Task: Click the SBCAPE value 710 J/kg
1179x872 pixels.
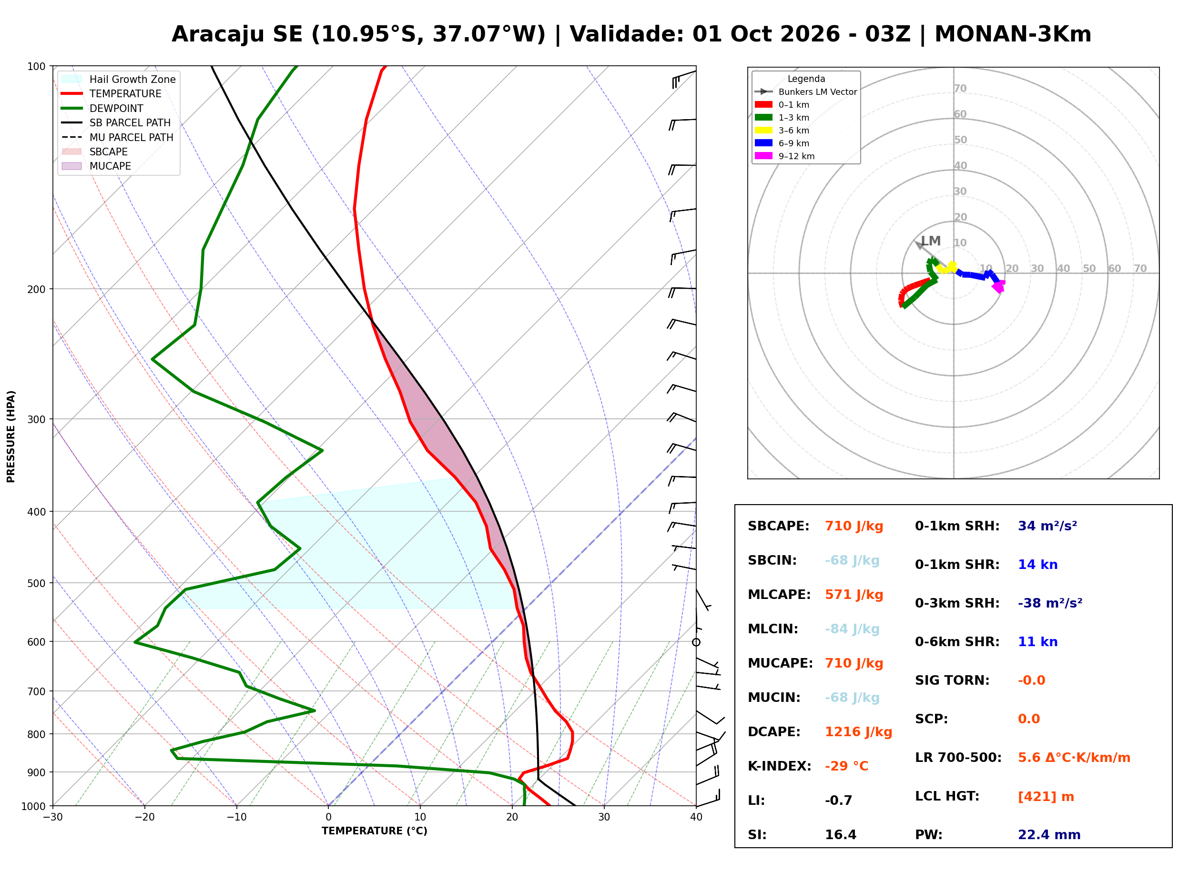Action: pos(854,526)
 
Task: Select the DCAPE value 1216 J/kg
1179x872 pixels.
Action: pos(858,732)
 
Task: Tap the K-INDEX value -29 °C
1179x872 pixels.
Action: pos(846,766)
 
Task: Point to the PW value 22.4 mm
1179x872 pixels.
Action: pos(1049,835)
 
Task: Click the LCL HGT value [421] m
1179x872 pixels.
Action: pos(1046,797)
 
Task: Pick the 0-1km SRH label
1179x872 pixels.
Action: pos(957,526)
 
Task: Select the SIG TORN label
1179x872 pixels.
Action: pos(953,680)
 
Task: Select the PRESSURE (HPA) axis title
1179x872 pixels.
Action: pos(11,436)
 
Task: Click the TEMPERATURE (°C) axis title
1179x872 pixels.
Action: pos(375,831)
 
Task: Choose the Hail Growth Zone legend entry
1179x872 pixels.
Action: pos(119,79)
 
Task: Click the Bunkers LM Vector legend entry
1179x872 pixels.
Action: pos(806,92)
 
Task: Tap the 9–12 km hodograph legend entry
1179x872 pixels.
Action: pos(785,156)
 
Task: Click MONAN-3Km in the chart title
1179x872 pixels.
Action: pos(1013,34)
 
